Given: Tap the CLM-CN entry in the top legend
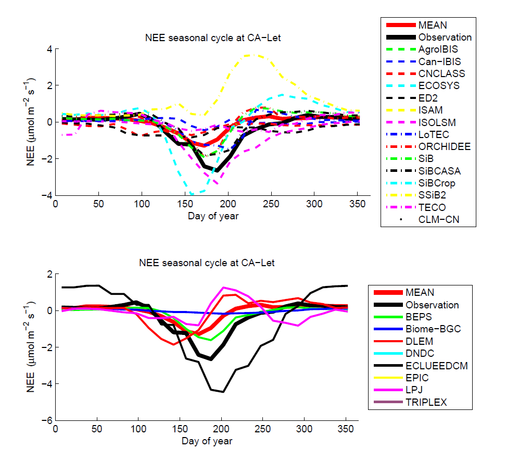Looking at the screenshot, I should coord(439,220).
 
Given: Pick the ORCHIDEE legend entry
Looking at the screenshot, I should coord(445,146).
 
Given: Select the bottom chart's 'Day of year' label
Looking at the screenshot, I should coord(206,441).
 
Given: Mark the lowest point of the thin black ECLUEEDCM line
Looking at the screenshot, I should coord(223,392).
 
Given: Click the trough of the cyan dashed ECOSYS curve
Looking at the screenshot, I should coord(193,194).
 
